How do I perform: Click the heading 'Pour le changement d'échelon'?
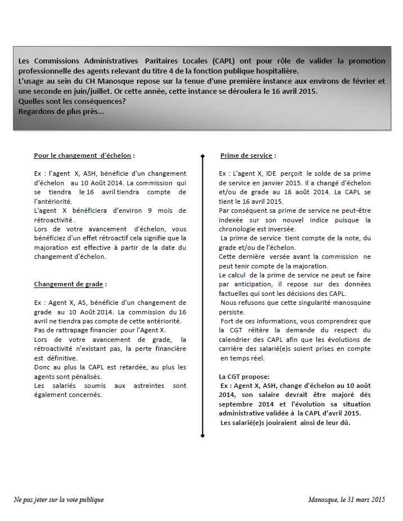click(84, 156)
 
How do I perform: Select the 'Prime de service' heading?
click(248, 156)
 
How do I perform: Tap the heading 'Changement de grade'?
click(70, 284)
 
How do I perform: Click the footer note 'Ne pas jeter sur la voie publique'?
click(59, 499)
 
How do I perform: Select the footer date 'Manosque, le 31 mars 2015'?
click(346, 499)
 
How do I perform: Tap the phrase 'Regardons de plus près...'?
click(61, 111)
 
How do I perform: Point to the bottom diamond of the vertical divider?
click(202, 434)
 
